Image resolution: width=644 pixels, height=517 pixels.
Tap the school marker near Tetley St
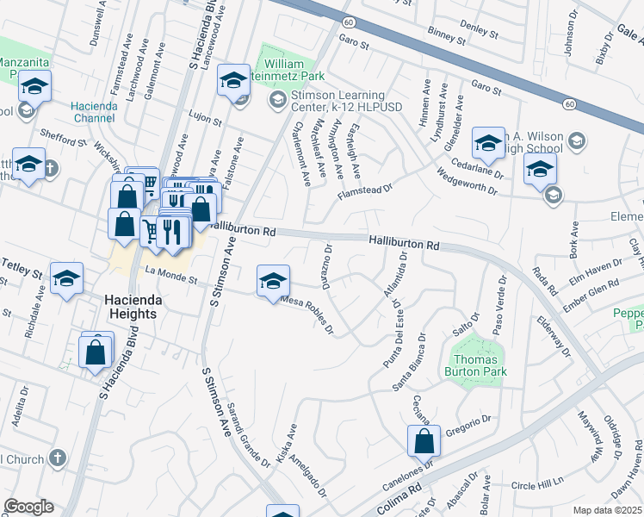click(x=66, y=279)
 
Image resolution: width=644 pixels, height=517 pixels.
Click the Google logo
click(x=28, y=506)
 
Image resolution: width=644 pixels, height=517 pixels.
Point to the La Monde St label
click(x=171, y=279)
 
